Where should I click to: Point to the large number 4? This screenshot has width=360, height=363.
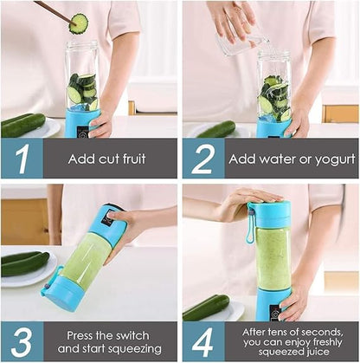(202, 340)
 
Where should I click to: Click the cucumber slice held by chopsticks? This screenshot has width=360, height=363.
(79, 23)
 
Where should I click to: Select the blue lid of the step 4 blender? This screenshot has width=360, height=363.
(272, 214)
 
